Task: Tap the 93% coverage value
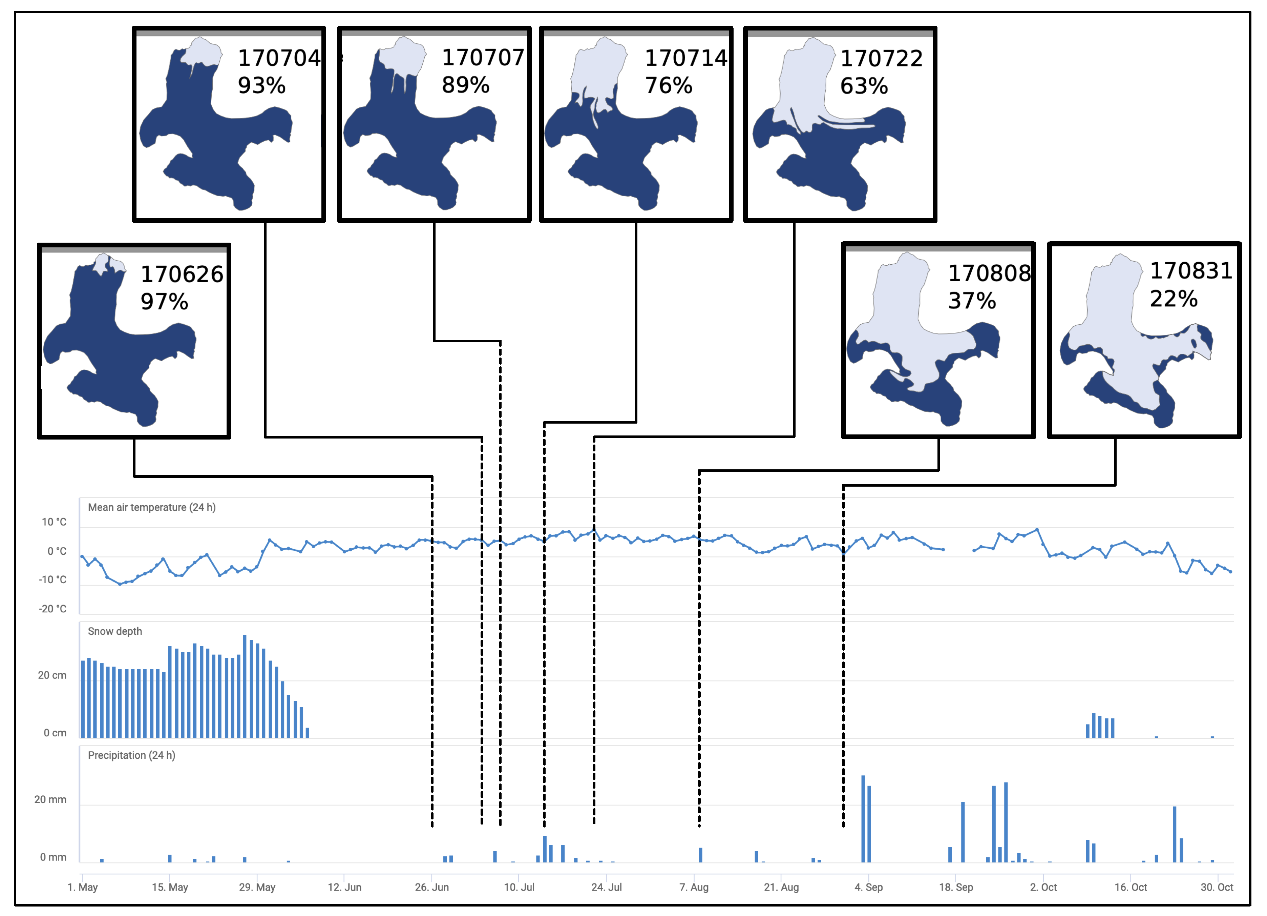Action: click(x=261, y=85)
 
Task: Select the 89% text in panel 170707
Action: click(x=465, y=85)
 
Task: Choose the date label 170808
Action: click(x=989, y=273)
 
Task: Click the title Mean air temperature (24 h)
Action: click(x=151, y=507)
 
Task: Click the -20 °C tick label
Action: click(x=52, y=609)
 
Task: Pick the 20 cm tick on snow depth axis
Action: click(x=52, y=675)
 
